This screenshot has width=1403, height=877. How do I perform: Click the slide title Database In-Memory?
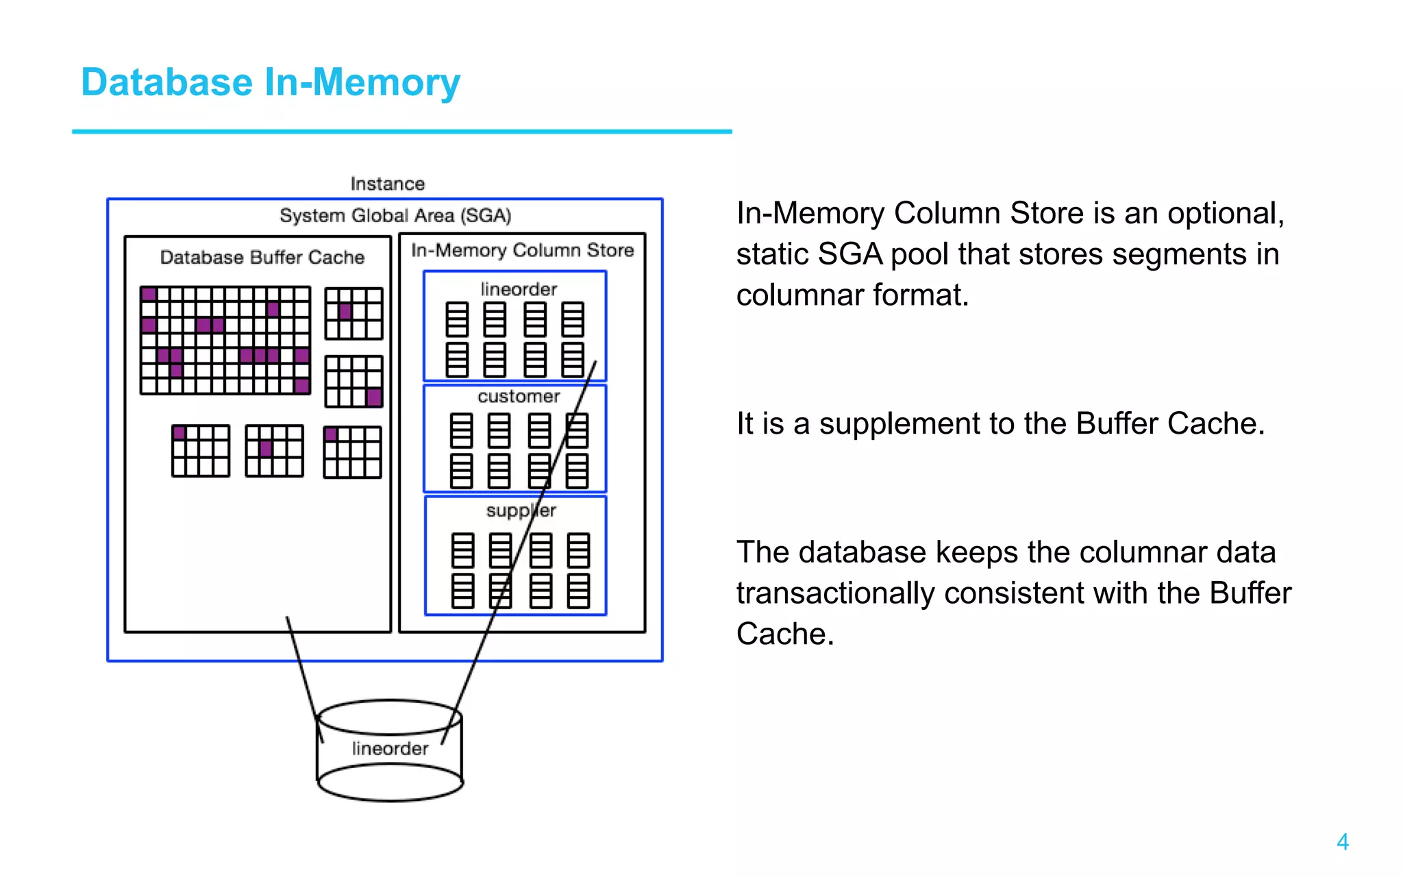click(271, 83)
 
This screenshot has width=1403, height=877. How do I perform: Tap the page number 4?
click(1342, 841)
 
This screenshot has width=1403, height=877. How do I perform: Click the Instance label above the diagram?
click(387, 184)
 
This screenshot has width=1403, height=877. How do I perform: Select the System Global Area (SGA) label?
click(395, 216)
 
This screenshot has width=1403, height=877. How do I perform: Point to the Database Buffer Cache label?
click(262, 258)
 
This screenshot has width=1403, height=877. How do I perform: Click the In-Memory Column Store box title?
click(522, 251)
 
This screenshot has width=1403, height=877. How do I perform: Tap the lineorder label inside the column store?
click(519, 289)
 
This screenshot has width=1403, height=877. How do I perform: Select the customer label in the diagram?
click(519, 397)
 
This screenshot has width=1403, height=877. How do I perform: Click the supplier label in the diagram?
click(521, 510)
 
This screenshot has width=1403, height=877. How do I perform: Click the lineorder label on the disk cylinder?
click(390, 748)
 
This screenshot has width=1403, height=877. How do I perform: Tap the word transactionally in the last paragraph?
click(834, 593)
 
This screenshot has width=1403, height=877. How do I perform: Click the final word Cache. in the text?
click(785, 634)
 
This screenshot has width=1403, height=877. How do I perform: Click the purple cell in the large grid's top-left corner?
click(149, 295)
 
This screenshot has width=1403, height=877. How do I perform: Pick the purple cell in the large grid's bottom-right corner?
click(302, 386)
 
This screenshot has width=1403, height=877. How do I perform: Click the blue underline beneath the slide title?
click(401, 132)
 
